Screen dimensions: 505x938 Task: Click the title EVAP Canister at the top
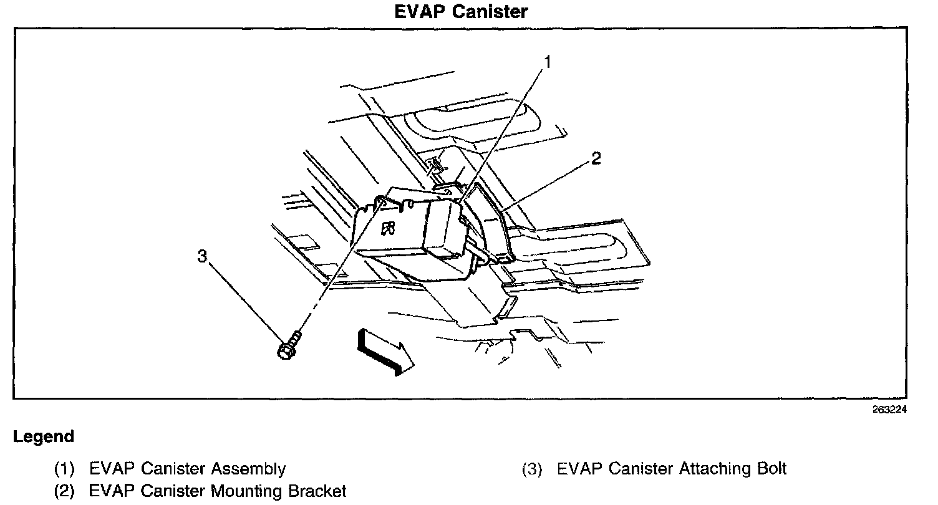(462, 11)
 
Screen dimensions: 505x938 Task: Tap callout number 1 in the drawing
(547, 62)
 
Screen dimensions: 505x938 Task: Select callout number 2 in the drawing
(596, 159)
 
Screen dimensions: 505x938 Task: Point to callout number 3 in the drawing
(203, 256)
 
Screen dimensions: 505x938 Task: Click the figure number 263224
(889, 410)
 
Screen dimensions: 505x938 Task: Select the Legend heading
(43, 437)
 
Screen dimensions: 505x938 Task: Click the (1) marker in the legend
(64, 469)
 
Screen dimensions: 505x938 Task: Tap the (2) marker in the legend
(64, 491)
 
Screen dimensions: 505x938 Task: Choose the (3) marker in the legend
(532, 469)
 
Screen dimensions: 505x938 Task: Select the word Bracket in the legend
(317, 491)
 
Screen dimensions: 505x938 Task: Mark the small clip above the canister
(437, 165)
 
